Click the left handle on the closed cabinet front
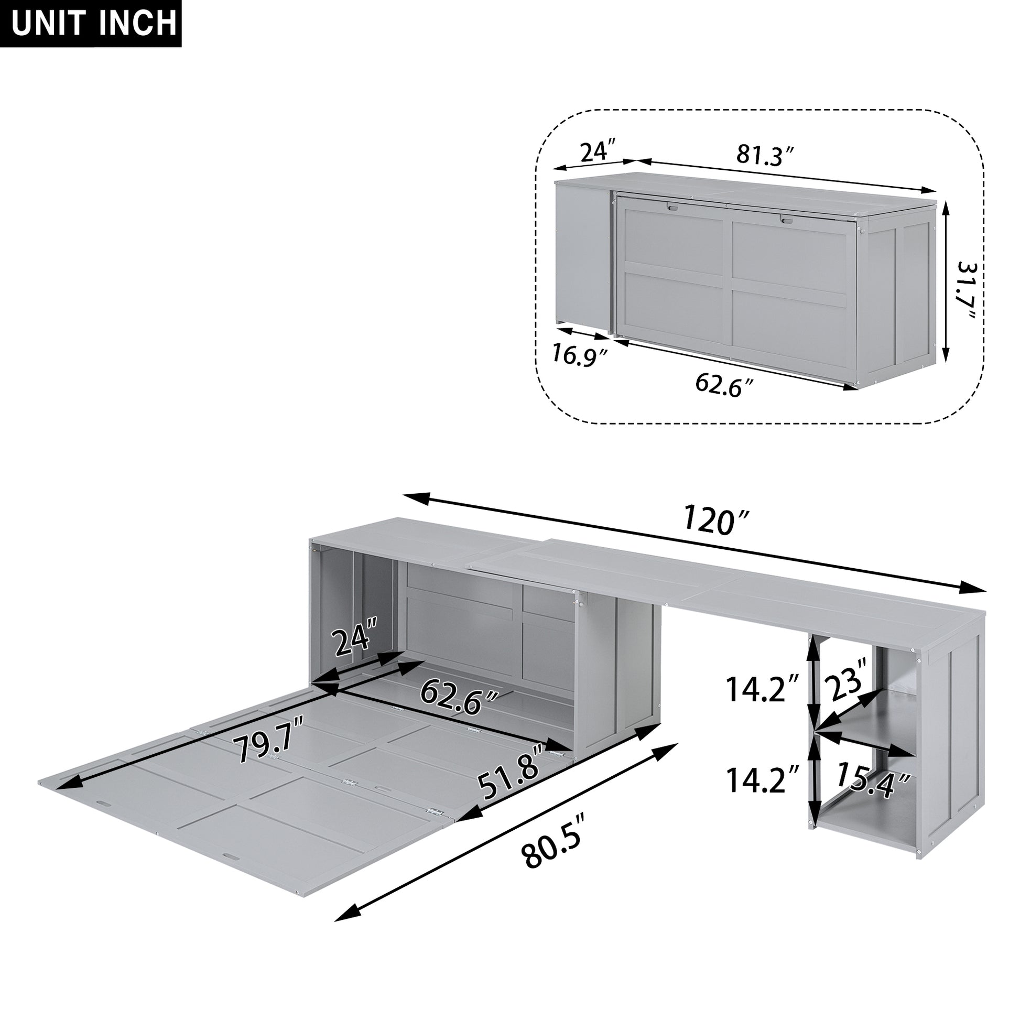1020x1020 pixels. [671, 208]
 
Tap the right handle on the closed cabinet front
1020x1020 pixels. [787, 220]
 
